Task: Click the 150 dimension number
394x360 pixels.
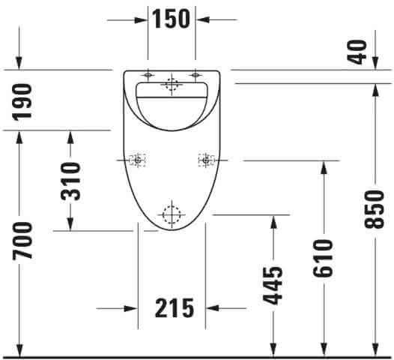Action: pyautogui.click(x=171, y=19)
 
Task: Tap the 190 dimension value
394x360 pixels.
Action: pyautogui.click(x=22, y=102)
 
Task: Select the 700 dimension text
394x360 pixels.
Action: pyautogui.click(x=22, y=240)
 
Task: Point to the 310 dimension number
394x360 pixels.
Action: pyautogui.click(x=71, y=181)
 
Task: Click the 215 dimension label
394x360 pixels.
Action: pyautogui.click(x=175, y=308)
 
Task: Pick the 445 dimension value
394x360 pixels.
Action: pyautogui.click(x=273, y=285)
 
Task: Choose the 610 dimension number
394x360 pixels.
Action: pyautogui.click(x=323, y=259)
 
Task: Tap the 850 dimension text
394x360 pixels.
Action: pyautogui.click(x=375, y=209)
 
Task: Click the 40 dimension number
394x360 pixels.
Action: pyautogui.click(x=357, y=52)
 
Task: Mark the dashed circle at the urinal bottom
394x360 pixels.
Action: pyautogui.click(x=172, y=215)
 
